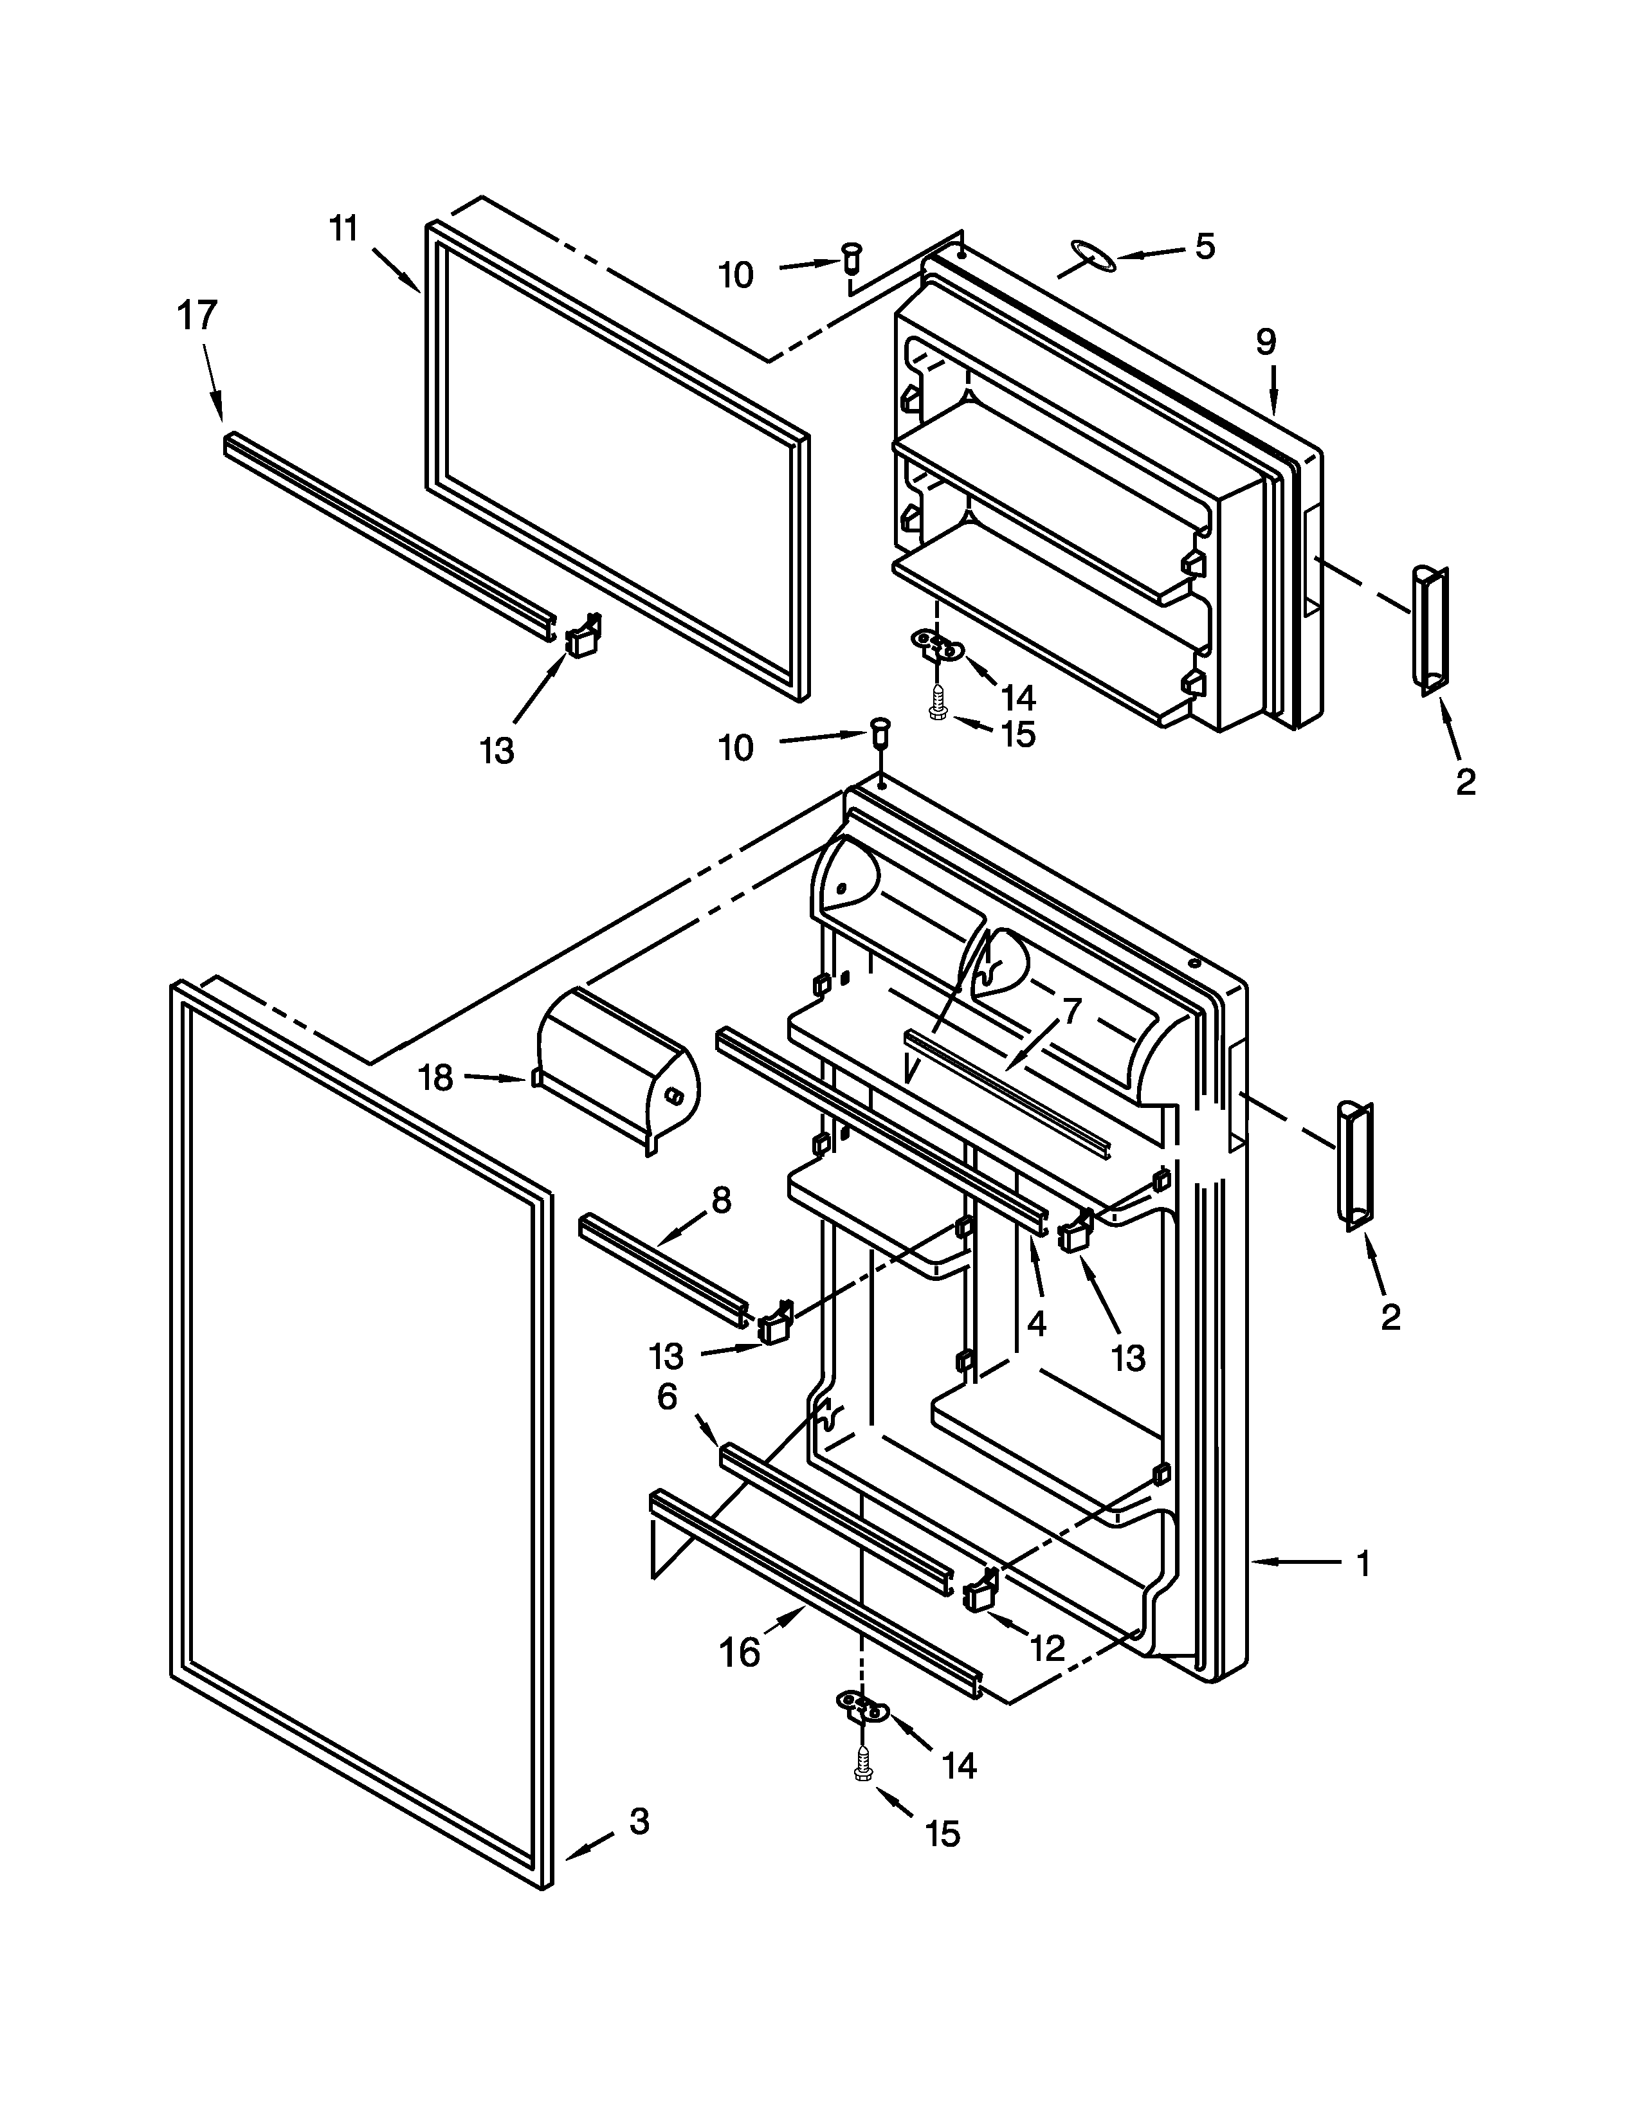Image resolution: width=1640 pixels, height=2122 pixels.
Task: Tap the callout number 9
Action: coord(1265,342)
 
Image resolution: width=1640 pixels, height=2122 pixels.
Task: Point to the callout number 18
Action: coord(435,1078)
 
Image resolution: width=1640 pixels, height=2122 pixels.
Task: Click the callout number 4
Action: coord(1037,1323)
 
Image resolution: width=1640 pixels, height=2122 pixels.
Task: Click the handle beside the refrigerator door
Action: coord(1356,1165)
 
